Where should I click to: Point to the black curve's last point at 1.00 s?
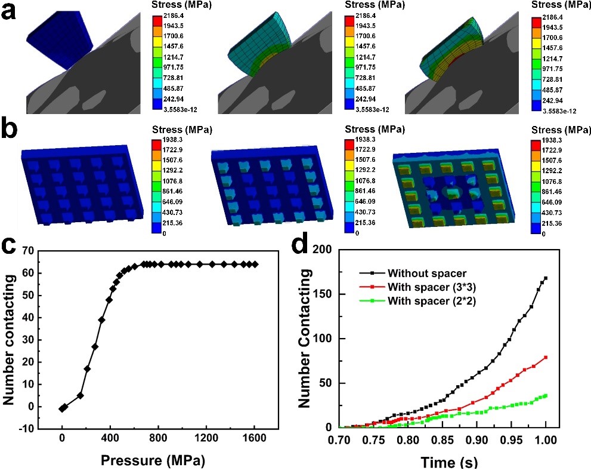(545, 278)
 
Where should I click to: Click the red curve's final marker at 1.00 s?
(545, 357)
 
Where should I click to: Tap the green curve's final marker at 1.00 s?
(545, 395)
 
